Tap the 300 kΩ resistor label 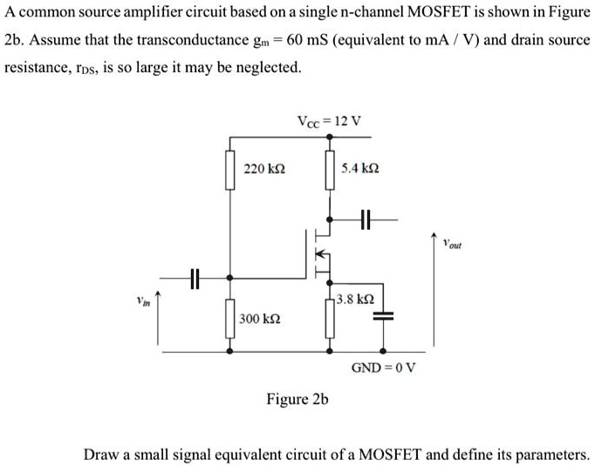260,319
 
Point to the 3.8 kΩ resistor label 355,299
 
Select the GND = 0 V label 383,367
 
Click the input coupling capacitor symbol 195,278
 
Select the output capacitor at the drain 365,219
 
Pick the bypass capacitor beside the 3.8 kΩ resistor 383,316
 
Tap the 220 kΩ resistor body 230,170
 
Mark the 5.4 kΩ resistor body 330,170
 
